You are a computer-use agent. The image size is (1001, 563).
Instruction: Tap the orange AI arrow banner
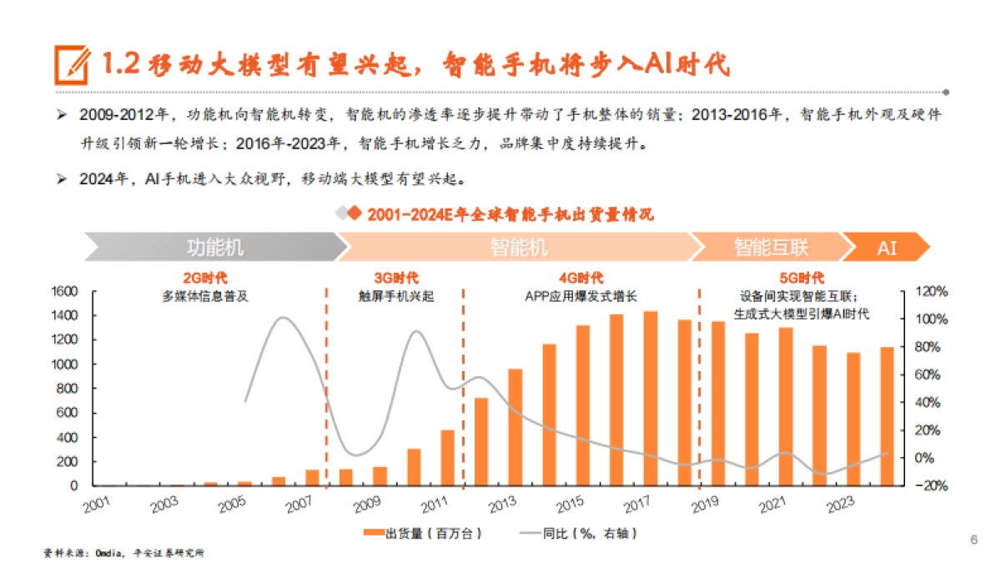click(x=886, y=248)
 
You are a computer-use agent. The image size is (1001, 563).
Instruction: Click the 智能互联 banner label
click(x=771, y=248)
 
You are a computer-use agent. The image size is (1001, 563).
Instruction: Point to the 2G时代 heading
click(x=205, y=278)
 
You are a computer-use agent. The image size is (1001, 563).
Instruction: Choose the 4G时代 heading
click(x=581, y=278)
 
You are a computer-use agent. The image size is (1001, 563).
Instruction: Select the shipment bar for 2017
click(x=650, y=399)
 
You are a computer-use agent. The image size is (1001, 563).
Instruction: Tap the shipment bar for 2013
click(x=516, y=426)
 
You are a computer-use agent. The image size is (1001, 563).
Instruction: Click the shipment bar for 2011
click(x=448, y=457)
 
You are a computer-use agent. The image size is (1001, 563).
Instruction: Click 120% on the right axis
click(x=932, y=291)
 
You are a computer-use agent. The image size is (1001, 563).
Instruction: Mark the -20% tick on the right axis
click(x=932, y=485)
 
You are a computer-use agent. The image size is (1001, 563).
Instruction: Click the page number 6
click(x=973, y=539)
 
